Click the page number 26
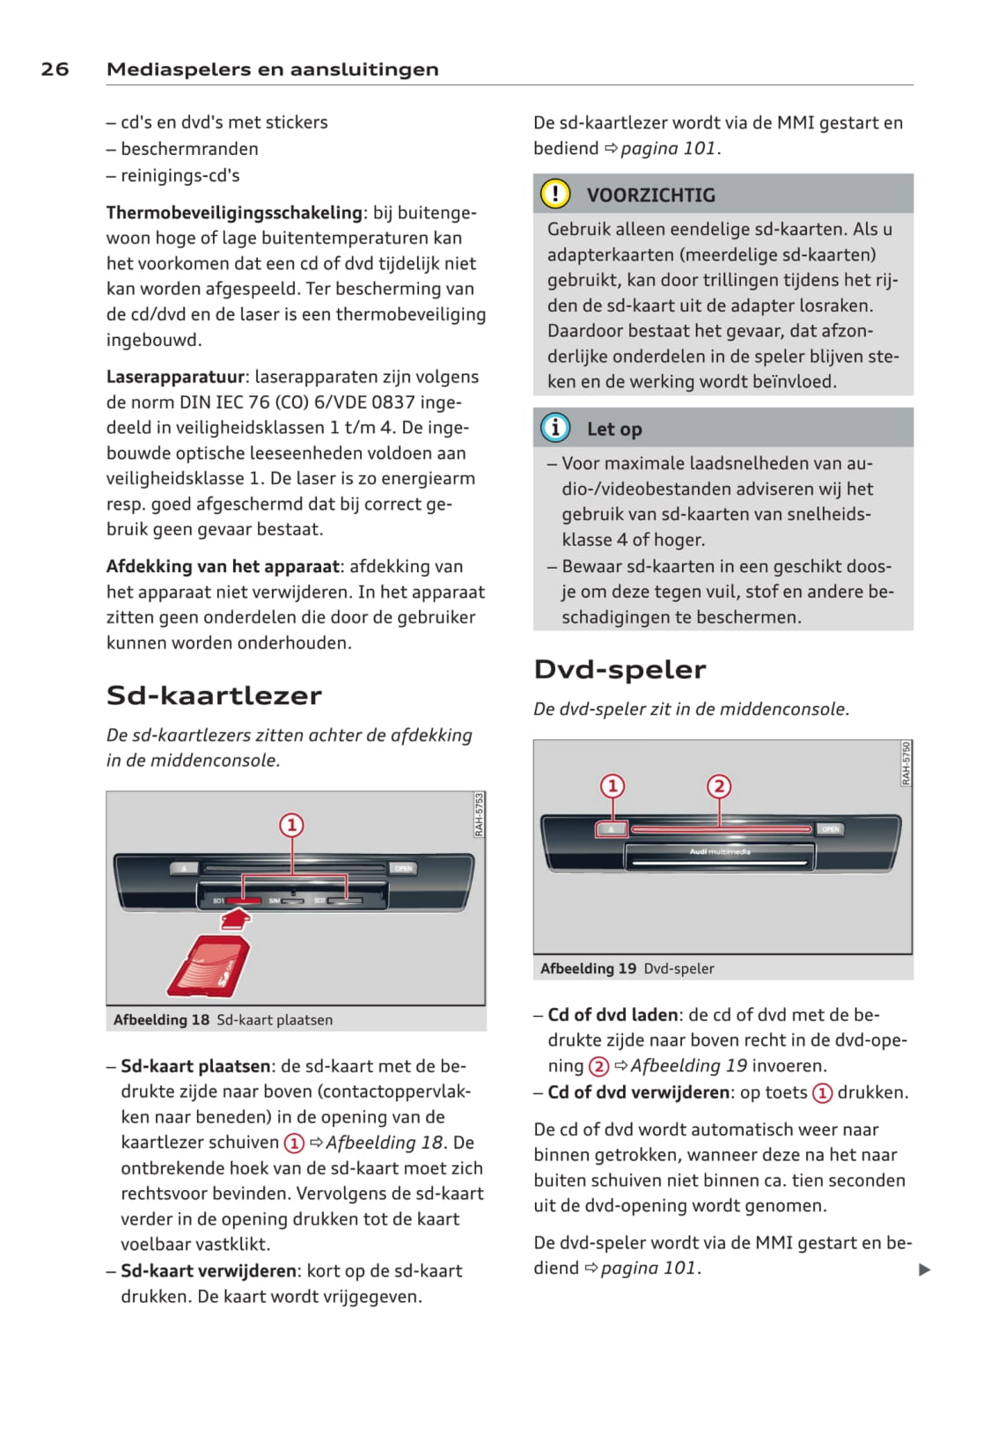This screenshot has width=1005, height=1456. tap(55, 70)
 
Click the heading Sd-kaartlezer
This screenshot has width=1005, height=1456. tap(214, 695)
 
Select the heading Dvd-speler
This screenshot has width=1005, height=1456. tap(620, 670)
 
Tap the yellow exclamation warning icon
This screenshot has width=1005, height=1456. tap(555, 194)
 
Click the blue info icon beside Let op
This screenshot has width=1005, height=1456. tap(555, 429)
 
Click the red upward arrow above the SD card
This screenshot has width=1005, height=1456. tap(235, 919)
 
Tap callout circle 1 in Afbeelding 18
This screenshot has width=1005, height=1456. tap(291, 826)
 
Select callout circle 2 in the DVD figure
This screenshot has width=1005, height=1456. tap(719, 786)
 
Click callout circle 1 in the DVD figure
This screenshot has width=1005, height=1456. tap(613, 786)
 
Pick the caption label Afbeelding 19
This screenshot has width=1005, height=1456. tap(588, 968)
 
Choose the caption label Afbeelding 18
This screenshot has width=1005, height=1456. tap(161, 1020)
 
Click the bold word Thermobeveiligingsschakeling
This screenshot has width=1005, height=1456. tap(234, 213)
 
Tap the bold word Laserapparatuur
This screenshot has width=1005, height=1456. tap(175, 377)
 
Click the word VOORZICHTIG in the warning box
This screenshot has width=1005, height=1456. tap(650, 195)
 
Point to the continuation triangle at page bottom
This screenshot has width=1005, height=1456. tap(924, 1269)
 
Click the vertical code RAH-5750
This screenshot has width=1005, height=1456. tap(906, 763)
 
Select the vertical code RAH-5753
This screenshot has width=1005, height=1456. tap(479, 815)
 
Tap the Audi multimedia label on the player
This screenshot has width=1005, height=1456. tap(720, 852)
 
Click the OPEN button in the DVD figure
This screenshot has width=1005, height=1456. tap(831, 829)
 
